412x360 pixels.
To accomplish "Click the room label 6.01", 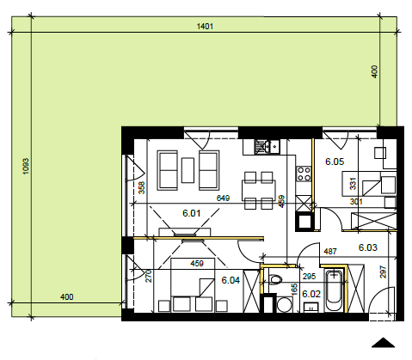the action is point(191,213).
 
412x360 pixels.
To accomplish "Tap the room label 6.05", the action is point(335,162).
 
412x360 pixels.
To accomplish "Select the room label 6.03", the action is point(368,247).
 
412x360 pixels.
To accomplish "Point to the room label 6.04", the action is point(231,280).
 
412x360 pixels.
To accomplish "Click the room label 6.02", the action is point(311,294).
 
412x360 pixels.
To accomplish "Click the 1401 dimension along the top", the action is point(205,27).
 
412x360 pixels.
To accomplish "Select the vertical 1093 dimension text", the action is point(26,166).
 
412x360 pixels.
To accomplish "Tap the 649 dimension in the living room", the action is point(223,198).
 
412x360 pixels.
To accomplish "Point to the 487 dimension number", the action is point(330,252).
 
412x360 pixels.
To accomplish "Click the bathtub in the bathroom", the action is point(334,290).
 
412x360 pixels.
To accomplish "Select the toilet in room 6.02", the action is point(276,278).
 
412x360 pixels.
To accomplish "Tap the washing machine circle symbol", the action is point(285,304).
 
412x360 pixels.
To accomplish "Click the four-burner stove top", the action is point(304,174).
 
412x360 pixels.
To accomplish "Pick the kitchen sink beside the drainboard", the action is point(274,147).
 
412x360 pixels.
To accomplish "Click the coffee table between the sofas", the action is point(188,170).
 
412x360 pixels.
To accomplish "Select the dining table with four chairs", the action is point(259,190).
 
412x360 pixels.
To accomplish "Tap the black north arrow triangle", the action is point(383,343).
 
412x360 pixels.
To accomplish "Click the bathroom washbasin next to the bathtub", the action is point(311,308).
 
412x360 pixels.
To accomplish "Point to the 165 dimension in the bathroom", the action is point(294,290).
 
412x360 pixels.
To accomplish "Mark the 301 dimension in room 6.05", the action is point(356,202).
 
